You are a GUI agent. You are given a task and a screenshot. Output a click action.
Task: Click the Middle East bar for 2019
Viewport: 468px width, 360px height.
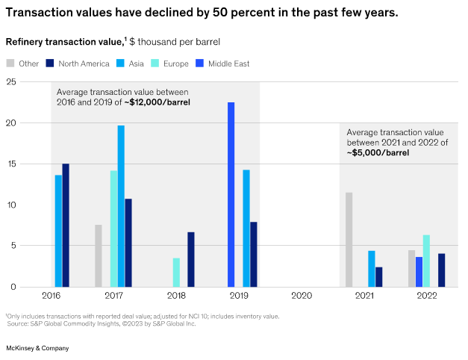(231, 194)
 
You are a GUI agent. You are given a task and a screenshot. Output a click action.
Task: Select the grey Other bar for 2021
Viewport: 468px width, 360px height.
(349, 239)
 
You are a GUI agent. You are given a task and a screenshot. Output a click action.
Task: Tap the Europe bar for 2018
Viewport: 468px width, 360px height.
(176, 272)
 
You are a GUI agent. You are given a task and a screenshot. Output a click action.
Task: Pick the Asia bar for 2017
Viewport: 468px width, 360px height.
(121, 205)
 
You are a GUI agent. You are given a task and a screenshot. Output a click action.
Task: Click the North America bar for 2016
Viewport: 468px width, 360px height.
(66, 225)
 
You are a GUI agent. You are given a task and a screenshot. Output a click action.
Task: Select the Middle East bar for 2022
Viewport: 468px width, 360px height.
(419, 271)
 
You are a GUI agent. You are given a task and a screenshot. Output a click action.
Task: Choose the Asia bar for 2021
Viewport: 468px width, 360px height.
(371, 268)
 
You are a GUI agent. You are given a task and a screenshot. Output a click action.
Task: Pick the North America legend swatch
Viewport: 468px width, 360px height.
(49, 63)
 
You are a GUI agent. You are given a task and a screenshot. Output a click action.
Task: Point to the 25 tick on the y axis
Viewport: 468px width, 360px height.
(10, 81)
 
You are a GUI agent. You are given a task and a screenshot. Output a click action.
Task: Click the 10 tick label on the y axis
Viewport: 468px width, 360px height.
(10, 205)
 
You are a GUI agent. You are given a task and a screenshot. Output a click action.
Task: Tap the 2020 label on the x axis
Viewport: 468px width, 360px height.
(301, 297)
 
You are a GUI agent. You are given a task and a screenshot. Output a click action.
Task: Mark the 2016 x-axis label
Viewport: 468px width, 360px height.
(51, 297)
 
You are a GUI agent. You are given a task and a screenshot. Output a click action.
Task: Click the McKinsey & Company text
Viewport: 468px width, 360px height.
(37, 348)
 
